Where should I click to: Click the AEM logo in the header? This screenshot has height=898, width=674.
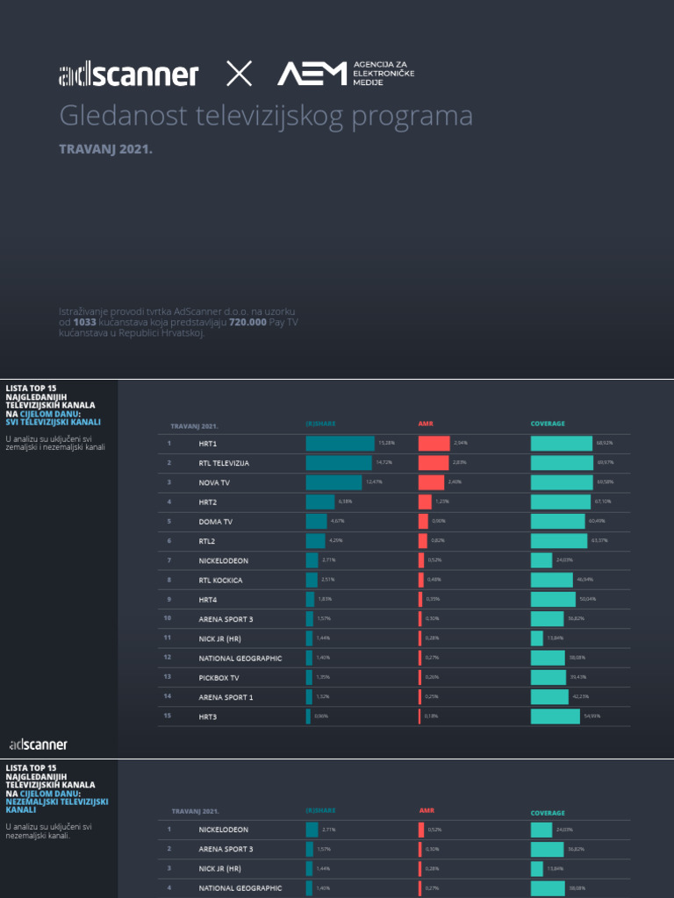(x=312, y=74)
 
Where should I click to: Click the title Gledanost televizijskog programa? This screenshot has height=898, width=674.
(x=266, y=116)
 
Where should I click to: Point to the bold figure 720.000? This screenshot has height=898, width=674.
(x=247, y=323)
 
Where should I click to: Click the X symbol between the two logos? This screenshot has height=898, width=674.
(x=239, y=74)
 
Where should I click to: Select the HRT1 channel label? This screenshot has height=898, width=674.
(x=208, y=443)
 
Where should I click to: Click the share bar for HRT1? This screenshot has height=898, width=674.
(x=340, y=443)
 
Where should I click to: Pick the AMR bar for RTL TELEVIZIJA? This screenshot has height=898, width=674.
(x=434, y=462)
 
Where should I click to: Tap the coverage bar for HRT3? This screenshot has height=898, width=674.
(x=556, y=716)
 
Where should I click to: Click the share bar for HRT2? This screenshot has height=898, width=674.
(x=320, y=502)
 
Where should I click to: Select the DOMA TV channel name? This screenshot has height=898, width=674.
(x=216, y=521)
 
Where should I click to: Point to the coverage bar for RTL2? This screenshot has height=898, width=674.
(x=559, y=541)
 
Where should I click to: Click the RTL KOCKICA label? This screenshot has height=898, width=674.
(x=220, y=580)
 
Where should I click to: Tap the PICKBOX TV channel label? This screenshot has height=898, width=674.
(x=219, y=677)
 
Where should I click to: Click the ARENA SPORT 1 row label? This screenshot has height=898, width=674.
(x=226, y=696)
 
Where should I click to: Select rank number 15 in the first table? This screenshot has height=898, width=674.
(x=167, y=716)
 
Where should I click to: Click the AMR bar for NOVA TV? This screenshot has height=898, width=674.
(x=431, y=482)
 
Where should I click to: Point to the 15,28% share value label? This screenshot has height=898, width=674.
(x=386, y=443)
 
